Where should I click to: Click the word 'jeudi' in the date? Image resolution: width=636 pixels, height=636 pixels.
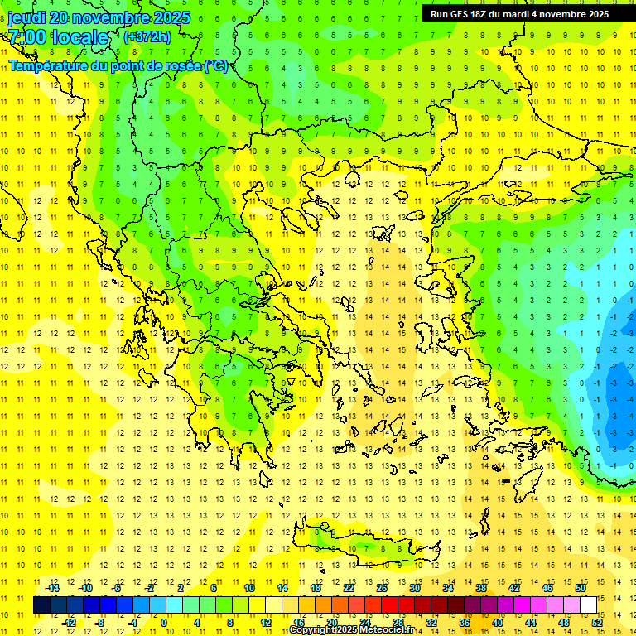tap(27, 17)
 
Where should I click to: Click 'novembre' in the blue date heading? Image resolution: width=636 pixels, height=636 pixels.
tap(115, 17)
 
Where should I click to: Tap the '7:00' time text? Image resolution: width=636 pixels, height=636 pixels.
tap(26, 37)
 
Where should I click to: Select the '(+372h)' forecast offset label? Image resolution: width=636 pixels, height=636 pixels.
tap(147, 37)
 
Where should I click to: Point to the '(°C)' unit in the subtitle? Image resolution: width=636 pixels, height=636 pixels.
tap(215, 66)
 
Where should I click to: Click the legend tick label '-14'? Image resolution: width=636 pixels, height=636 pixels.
tap(53, 588)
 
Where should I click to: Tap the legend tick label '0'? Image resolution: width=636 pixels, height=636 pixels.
tap(164, 623)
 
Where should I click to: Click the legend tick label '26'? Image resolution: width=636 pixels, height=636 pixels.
tap(382, 588)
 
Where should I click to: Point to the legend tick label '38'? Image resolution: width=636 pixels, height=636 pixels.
tap(480, 588)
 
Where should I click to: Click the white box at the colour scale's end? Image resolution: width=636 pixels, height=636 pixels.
tap(589, 605)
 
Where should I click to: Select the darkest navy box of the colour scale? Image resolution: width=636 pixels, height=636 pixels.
tap(42, 605)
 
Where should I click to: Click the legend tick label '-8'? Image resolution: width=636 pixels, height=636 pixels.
tap(101, 623)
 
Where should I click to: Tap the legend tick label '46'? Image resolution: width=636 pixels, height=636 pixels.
tap(547, 588)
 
